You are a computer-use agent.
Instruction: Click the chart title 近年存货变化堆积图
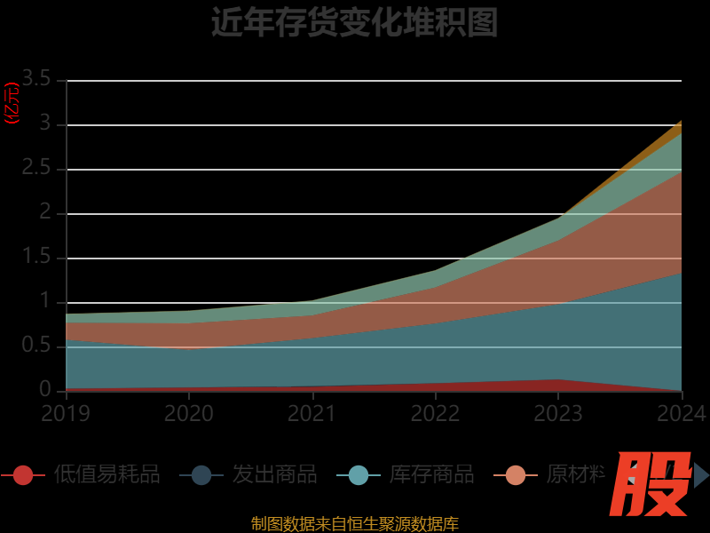point(354,22)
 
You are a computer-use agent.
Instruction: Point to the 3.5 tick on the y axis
point(37,79)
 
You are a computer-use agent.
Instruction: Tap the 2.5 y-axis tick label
point(37,169)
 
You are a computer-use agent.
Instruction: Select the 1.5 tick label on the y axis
point(37,258)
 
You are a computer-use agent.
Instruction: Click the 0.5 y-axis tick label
point(37,346)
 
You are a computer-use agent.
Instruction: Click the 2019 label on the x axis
point(66,413)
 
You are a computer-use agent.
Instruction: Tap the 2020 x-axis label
point(189,413)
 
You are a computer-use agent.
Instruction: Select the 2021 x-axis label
point(312,413)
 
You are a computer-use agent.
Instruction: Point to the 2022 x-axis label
point(435,413)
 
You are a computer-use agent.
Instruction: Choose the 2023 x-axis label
point(558,413)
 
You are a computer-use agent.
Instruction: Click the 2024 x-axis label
point(682,413)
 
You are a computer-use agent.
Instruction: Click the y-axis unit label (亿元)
point(12,104)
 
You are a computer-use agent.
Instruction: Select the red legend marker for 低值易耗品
point(23,475)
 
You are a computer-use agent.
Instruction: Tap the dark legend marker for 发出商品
point(201,475)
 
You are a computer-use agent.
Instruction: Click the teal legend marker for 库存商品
point(359,475)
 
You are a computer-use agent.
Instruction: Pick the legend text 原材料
point(575,475)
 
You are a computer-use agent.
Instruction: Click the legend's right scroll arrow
point(701,475)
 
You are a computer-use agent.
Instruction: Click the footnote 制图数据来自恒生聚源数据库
point(354,523)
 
